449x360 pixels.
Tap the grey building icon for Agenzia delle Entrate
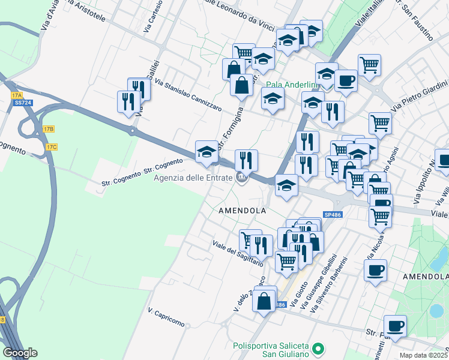[241, 177]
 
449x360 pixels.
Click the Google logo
[20, 353]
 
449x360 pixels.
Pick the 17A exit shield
[16, 95]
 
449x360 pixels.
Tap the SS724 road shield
[23, 103]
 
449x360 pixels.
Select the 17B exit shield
[49, 129]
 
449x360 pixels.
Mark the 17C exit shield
[52, 147]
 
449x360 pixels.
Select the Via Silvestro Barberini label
[330, 284]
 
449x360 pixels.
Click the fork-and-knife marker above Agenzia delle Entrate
[246, 160]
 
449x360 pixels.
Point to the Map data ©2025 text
[423, 355]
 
